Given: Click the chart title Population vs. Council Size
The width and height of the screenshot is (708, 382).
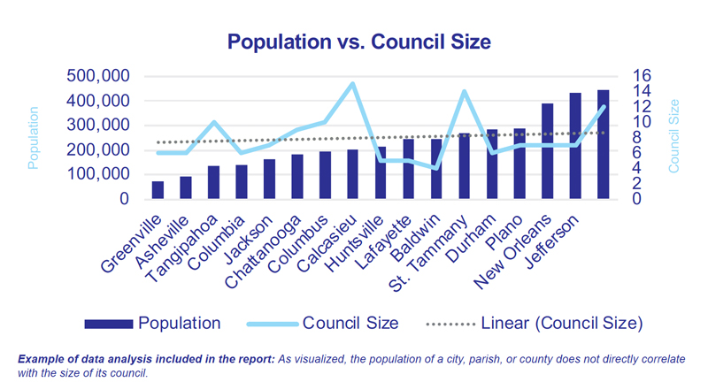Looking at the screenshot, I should pyautogui.click(x=354, y=41).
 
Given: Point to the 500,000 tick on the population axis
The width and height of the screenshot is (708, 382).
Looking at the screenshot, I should pyautogui.click(x=99, y=76).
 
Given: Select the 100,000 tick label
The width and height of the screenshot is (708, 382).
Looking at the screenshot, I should pyautogui.click(x=99, y=175).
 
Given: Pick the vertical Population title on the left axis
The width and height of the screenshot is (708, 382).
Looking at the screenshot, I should pyautogui.click(x=35, y=138).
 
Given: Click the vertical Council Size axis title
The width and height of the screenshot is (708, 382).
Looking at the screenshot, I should pyautogui.click(x=673, y=136).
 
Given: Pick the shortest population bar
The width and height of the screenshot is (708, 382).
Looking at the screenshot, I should pyautogui.click(x=158, y=190).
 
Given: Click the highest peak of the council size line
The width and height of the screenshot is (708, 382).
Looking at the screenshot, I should pyautogui.click(x=353, y=83).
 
